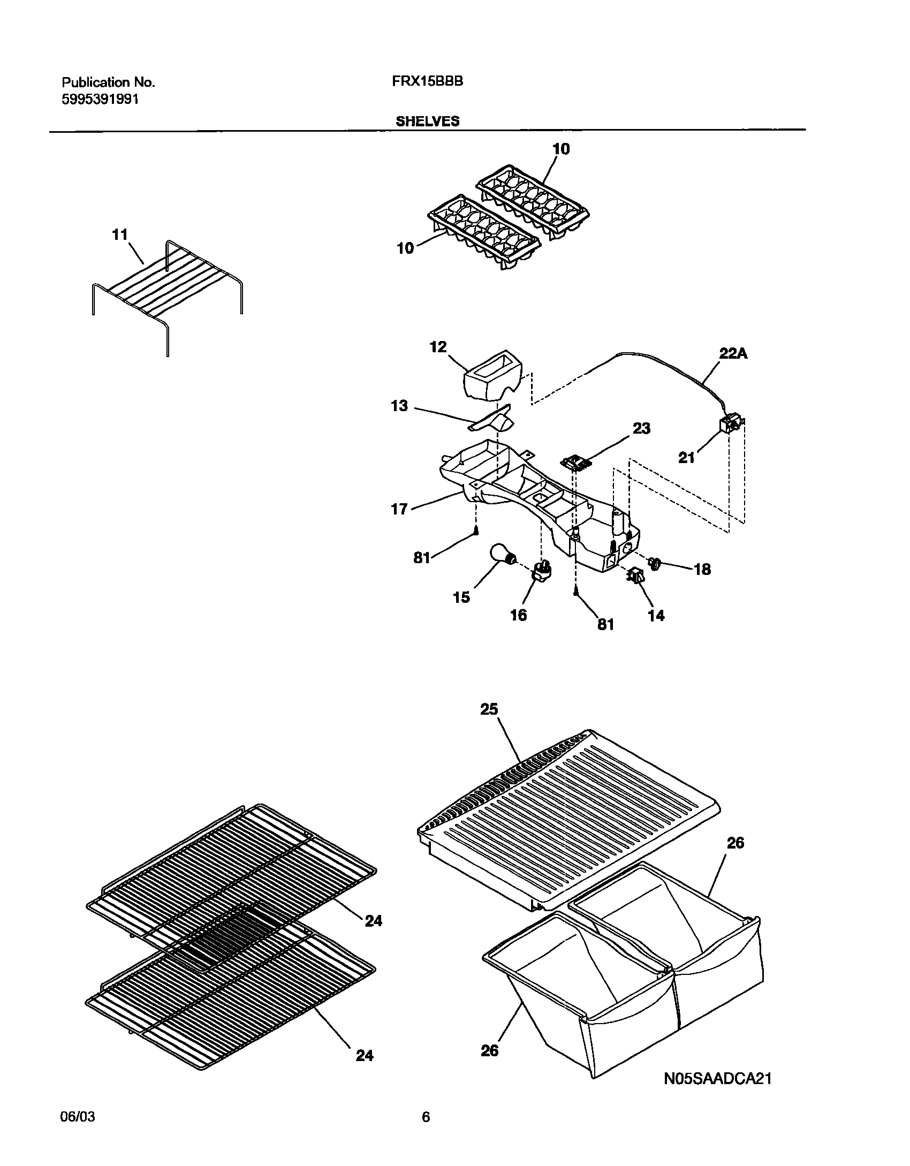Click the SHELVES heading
(x=427, y=122)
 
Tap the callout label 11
(x=120, y=234)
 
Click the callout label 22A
(x=733, y=353)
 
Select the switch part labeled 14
(x=635, y=577)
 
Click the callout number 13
(x=399, y=406)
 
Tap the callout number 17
(x=399, y=509)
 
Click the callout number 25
(x=489, y=709)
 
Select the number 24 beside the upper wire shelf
(x=373, y=921)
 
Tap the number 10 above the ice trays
(x=561, y=149)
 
